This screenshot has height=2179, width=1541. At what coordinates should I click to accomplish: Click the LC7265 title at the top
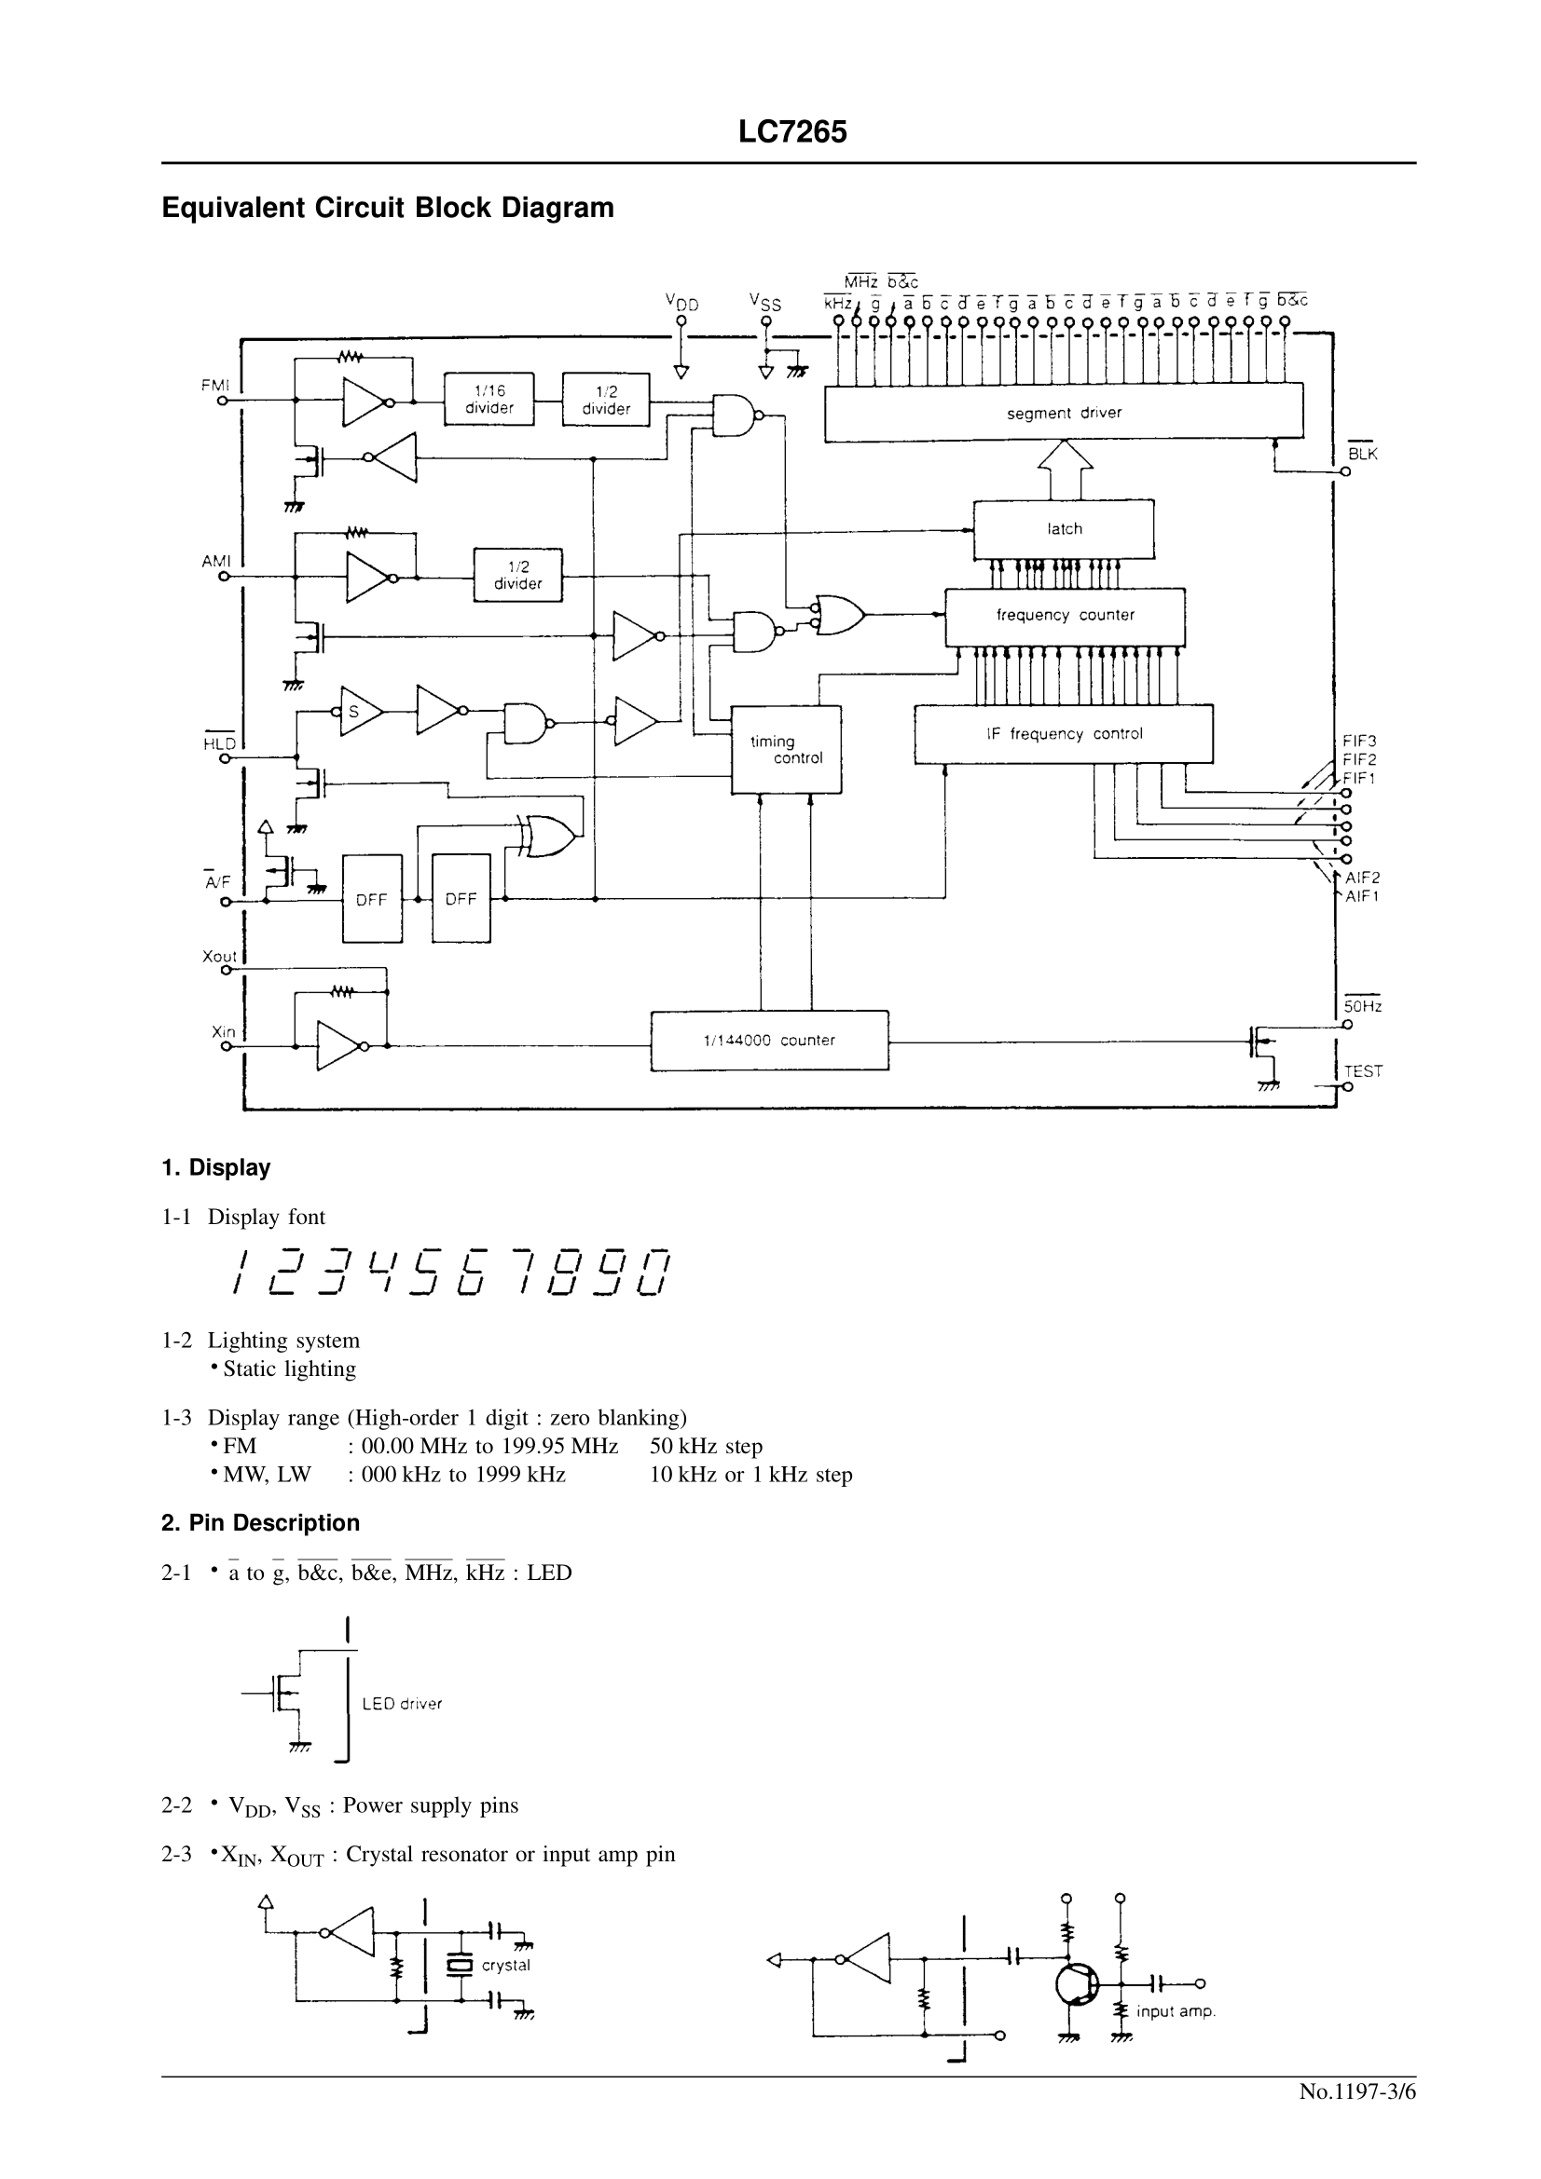pyautogui.click(x=791, y=132)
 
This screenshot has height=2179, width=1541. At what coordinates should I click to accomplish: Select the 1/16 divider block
pyautogui.click(x=489, y=400)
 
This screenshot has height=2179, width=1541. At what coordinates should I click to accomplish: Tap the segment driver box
pyautogui.click(x=1064, y=413)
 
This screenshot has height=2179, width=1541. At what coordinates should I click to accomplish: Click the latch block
pyautogui.click(x=1064, y=528)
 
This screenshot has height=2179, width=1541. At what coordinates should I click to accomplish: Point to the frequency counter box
pyautogui.click(x=1065, y=615)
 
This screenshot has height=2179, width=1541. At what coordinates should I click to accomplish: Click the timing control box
pyautogui.click(x=785, y=750)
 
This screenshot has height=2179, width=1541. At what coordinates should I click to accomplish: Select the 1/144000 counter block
pyautogui.click(x=769, y=1041)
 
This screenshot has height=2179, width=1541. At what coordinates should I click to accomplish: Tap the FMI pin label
pyautogui.click(x=215, y=386)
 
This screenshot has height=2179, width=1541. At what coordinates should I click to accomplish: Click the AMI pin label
pyautogui.click(x=215, y=562)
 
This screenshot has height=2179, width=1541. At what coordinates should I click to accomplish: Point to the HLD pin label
pyautogui.click(x=219, y=744)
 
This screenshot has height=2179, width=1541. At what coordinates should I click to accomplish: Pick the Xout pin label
pyautogui.click(x=219, y=956)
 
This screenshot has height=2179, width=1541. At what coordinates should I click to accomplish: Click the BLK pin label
pyautogui.click(x=1363, y=454)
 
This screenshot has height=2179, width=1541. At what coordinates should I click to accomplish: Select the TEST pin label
pyautogui.click(x=1364, y=1071)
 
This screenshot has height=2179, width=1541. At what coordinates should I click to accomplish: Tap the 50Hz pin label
pyautogui.click(x=1363, y=1006)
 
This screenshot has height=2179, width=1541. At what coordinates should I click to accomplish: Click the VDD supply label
pyautogui.click(x=681, y=303)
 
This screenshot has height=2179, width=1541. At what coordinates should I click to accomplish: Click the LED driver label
pyautogui.click(x=402, y=1704)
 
